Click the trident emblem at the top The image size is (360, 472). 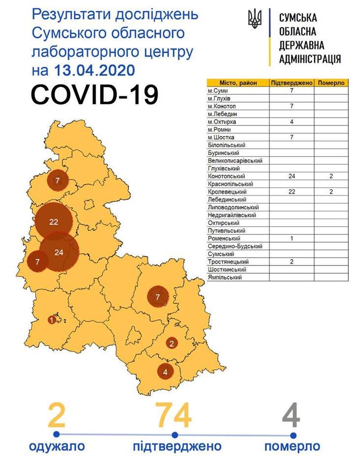pyautogui.click(x=255, y=20)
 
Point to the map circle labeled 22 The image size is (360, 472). pyautogui.click(x=54, y=222)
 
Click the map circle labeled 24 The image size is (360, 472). pyautogui.click(x=60, y=252)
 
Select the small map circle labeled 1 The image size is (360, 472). pyautogui.click(x=52, y=320)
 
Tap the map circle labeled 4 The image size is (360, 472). pyautogui.click(x=165, y=371)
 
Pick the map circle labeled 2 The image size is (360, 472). pyautogui.click(x=172, y=343)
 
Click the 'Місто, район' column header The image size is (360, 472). pyautogui.click(x=237, y=83)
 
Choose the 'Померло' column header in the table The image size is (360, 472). pyautogui.click(x=331, y=83)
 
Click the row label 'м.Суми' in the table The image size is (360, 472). pyautogui.click(x=217, y=90)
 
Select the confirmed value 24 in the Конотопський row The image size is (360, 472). pyautogui.click(x=292, y=176)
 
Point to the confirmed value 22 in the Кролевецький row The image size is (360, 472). pyautogui.click(x=292, y=191)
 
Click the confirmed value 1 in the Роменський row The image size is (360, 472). pyautogui.click(x=292, y=238)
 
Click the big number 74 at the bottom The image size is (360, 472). pyautogui.click(x=174, y=416)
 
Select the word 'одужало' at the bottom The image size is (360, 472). pyautogui.click(x=57, y=446)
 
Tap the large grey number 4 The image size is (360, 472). pyautogui.click(x=292, y=416)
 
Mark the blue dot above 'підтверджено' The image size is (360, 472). pyautogui.click(x=175, y=435)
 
